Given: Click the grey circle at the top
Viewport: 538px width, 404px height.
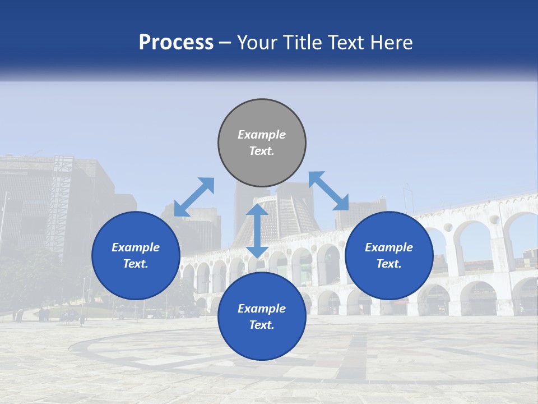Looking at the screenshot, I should [x=262, y=143].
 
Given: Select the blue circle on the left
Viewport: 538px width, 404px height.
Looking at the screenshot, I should [x=136, y=255].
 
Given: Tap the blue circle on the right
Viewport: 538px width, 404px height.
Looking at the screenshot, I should [x=389, y=255].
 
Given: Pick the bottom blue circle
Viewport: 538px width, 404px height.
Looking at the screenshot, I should [x=262, y=316].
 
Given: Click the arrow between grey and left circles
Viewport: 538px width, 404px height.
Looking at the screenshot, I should [x=194, y=197].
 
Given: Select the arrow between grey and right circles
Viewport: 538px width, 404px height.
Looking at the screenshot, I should [x=328, y=191].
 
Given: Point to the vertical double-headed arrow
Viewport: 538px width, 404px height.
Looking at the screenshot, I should [x=257, y=231].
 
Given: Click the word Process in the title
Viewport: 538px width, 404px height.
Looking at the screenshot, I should [x=176, y=42].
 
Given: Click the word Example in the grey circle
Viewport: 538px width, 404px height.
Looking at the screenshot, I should [x=262, y=135].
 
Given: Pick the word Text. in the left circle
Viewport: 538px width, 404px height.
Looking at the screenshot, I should [x=136, y=264].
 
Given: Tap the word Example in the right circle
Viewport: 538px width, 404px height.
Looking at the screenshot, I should [x=389, y=247].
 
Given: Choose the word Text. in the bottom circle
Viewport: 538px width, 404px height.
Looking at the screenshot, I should [x=262, y=325].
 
